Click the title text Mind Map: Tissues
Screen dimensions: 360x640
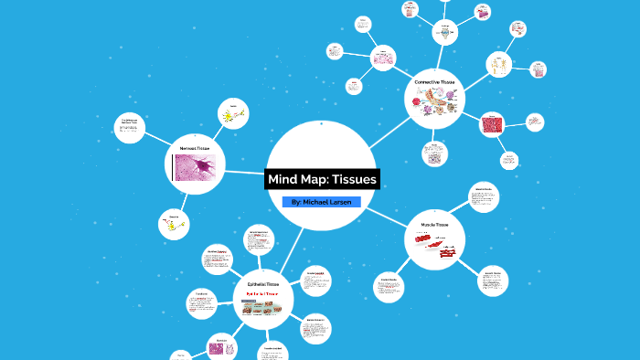tap(322, 179)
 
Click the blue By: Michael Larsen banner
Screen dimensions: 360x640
tap(322, 201)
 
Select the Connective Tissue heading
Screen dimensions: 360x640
tap(433, 82)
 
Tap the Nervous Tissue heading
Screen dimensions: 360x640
tap(193, 147)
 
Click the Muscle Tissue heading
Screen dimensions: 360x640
tap(434, 224)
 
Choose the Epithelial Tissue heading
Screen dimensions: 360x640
tap(263, 284)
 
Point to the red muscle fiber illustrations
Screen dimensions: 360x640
tap(437, 243)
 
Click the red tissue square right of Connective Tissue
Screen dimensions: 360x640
tap(493, 124)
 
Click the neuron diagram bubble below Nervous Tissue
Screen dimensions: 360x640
tap(174, 224)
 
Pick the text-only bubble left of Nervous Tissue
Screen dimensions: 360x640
tap(131, 129)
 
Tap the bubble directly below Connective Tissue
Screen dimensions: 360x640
tap(435, 154)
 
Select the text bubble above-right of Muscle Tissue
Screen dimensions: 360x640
tap(483, 197)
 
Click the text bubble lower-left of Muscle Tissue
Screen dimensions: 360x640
tap(388, 289)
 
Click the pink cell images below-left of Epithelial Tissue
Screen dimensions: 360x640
tap(219, 346)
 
